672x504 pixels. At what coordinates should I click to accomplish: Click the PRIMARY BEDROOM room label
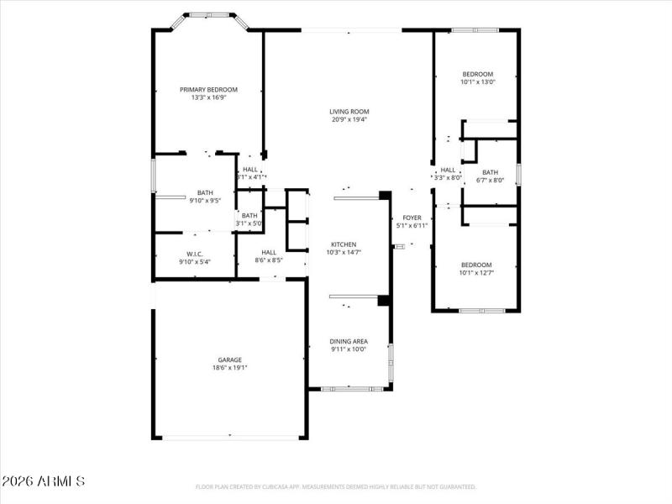click(208, 89)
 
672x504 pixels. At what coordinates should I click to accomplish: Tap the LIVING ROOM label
click(349, 111)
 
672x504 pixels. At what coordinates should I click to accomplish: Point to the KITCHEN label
click(343, 244)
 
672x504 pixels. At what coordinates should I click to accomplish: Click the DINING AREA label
click(349, 340)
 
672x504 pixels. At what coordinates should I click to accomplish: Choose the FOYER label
click(412, 218)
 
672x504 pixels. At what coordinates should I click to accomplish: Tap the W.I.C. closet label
click(194, 254)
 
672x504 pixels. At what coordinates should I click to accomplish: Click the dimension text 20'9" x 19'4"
click(349, 119)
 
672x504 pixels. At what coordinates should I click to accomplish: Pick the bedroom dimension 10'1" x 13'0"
click(477, 81)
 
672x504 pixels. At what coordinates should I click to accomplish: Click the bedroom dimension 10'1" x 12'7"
click(475, 272)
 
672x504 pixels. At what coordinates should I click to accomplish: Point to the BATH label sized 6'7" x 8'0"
click(490, 172)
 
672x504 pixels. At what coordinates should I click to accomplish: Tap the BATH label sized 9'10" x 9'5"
click(205, 192)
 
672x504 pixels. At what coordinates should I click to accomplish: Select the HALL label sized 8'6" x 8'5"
click(269, 252)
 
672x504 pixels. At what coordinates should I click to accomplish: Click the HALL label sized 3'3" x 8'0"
click(448, 170)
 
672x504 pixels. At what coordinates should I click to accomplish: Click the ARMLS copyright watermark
click(43, 481)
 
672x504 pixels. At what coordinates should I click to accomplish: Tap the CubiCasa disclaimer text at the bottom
click(336, 486)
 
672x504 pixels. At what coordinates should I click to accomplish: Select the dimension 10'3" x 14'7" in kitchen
click(343, 252)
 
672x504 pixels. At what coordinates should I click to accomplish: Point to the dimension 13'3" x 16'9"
click(208, 97)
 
